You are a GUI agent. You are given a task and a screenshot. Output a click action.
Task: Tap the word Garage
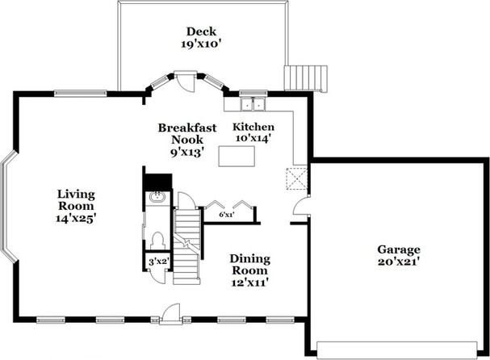pyautogui.click(x=399, y=249)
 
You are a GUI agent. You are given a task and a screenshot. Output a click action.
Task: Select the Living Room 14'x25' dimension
pyautogui.click(x=76, y=218)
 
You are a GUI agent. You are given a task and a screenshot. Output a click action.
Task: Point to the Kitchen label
pyautogui.click(x=253, y=127)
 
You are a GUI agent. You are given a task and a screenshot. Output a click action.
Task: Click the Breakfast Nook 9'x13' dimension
pyautogui.click(x=187, y=152)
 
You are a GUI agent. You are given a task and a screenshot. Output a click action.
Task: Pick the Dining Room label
pyautogui.click(x=250, y=265)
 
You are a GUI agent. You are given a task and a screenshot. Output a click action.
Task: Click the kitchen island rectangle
pyautogui.click(x=237, y=157)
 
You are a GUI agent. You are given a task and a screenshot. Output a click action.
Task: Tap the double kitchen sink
pyautogui.click(x=253, y=104)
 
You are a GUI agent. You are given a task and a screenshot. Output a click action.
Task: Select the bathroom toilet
pyautogui.click(x=157, y=241)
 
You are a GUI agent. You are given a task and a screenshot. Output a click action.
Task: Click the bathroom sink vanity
pyautogui.click(x=157, y=198)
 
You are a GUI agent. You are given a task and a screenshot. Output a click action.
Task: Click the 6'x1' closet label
pyautogui.click(x=227, y=215)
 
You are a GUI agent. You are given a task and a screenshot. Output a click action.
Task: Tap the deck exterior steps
pyautogui.click(x=306, y=78)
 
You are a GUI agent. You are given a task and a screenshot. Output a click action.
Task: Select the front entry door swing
pyautogui.click(x=171, y=312)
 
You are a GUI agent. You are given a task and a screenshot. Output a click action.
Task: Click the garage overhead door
pyautogui.click(x=397, y=350)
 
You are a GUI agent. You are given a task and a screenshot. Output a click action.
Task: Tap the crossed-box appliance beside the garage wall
pyautogui.click(x=297, y=178)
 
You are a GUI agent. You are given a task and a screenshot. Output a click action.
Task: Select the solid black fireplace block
pyautogui.click(x=158, y=182)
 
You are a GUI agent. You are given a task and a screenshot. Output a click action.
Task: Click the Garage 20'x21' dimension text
pyautogui.click(x=399, y=262)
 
